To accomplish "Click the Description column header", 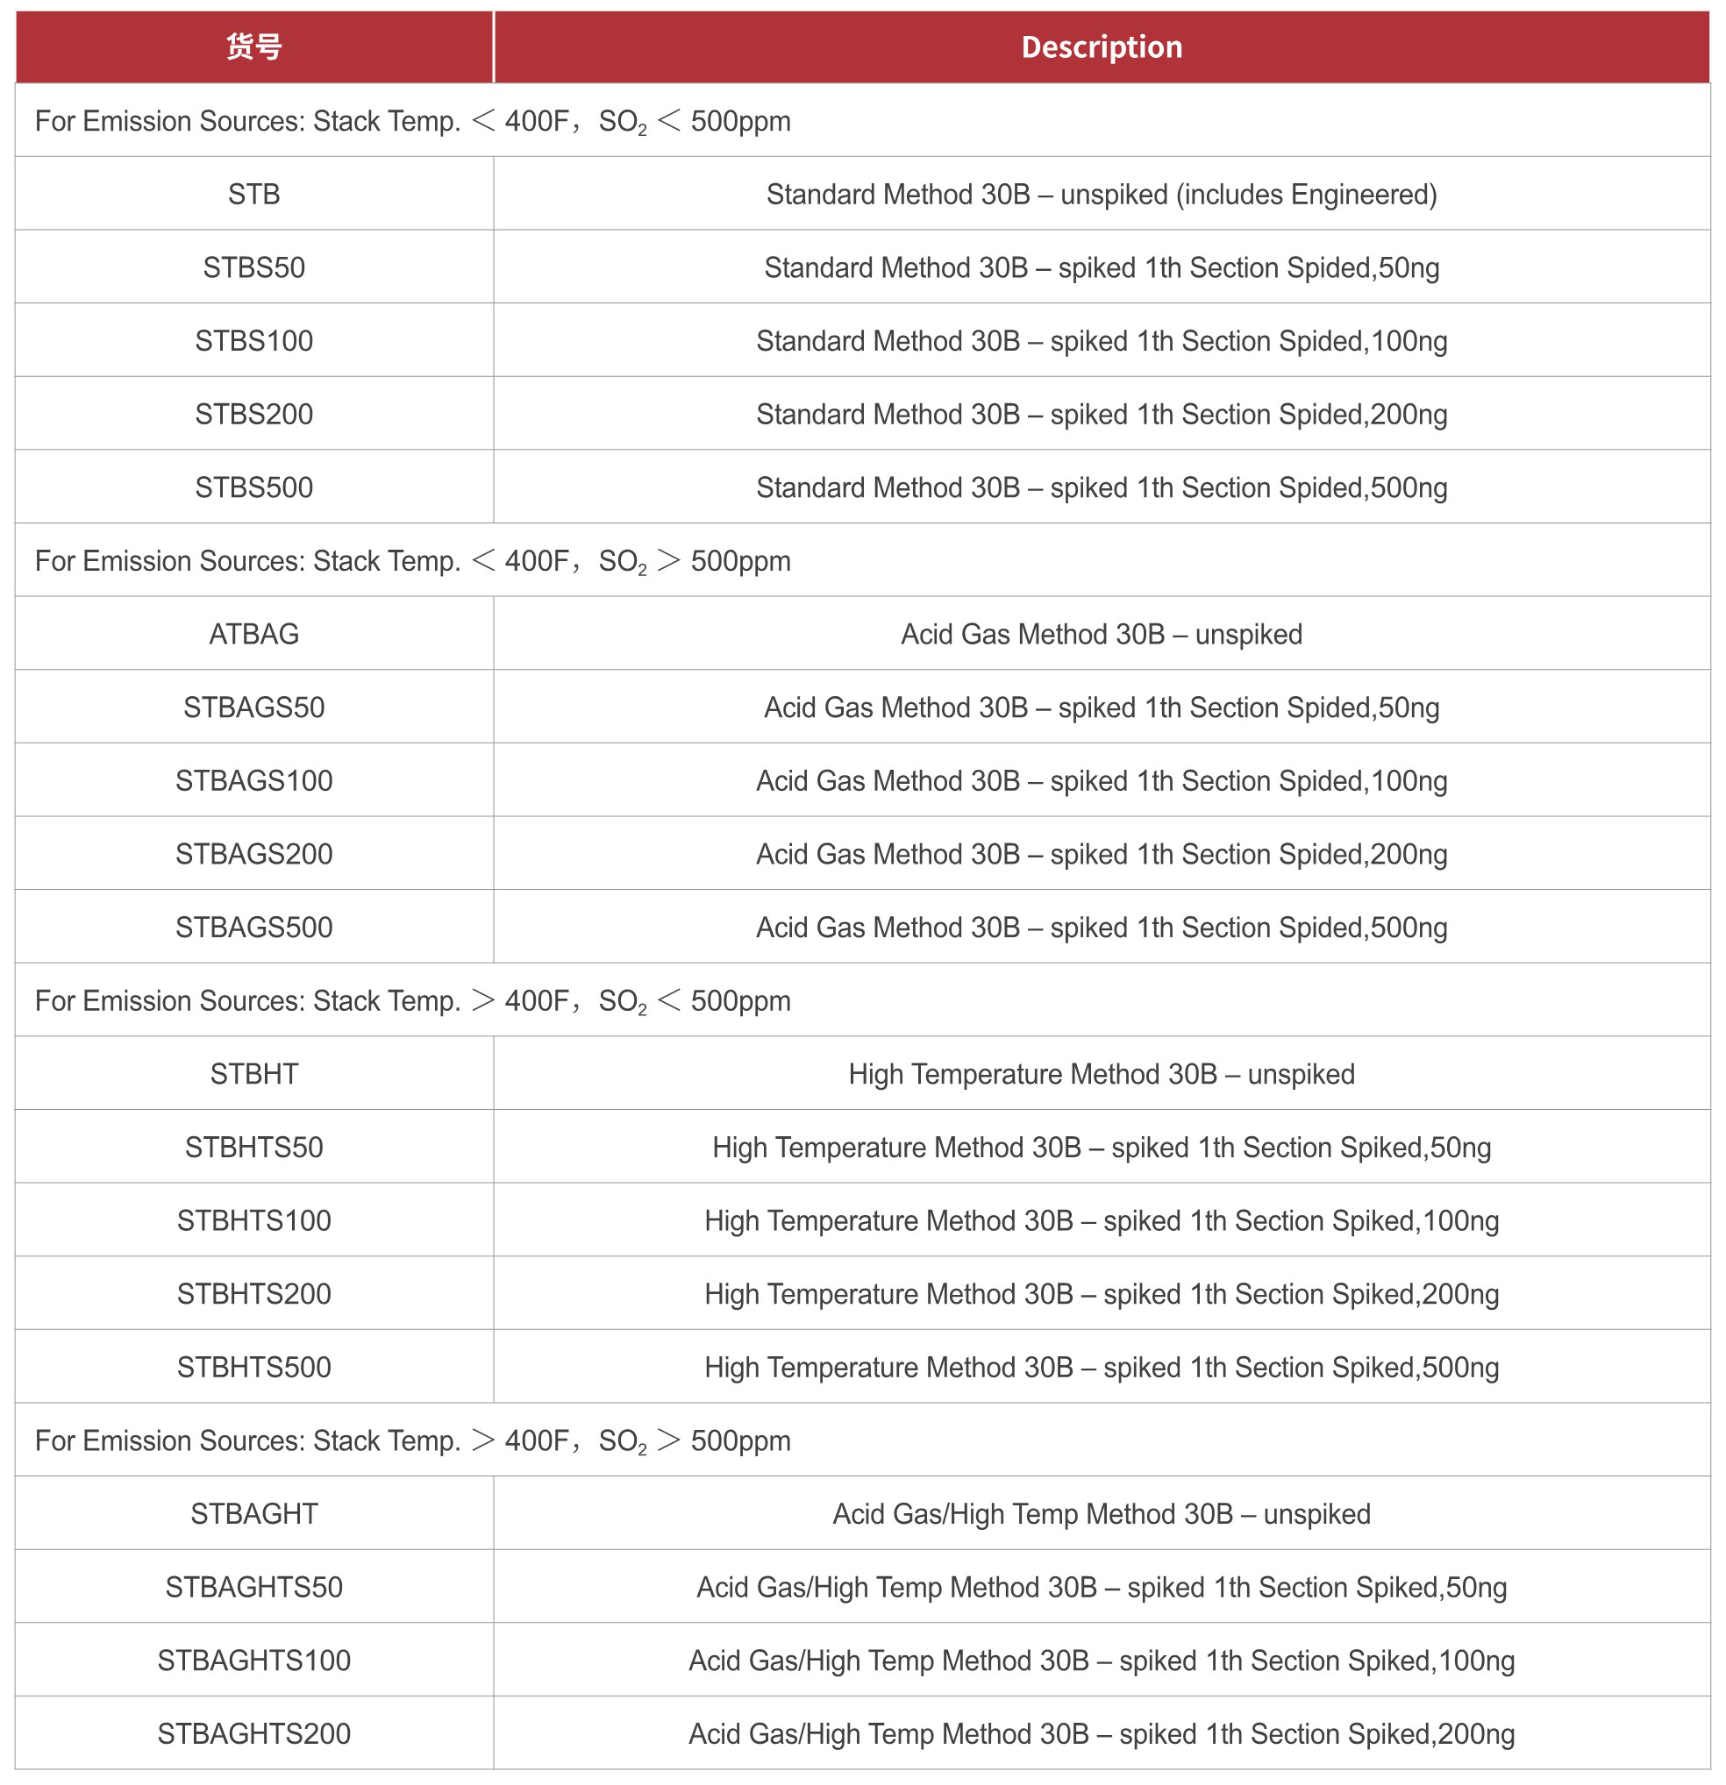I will click(1101, 47).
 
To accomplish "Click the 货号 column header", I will click(253, 47).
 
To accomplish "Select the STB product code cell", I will click(253, 194).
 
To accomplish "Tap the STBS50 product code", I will click(253, 267).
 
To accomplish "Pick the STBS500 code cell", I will click(253, 487).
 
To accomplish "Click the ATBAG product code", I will click(253, 634).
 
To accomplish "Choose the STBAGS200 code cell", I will click(253, 853).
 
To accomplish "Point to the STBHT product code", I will click(253, 1074).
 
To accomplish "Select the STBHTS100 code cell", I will click(253, 1220).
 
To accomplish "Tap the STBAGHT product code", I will click(253, 1513).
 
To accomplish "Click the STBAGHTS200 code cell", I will click(253, 1733).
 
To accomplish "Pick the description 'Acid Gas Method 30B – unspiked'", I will click(1101, 634).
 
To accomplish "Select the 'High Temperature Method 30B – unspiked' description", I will click(1101, 1074).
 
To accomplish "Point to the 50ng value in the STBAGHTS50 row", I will click(1475, 1588).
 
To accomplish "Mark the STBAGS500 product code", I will click(253, 927).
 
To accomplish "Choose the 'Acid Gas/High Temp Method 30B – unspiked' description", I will click(1101, 1513).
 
